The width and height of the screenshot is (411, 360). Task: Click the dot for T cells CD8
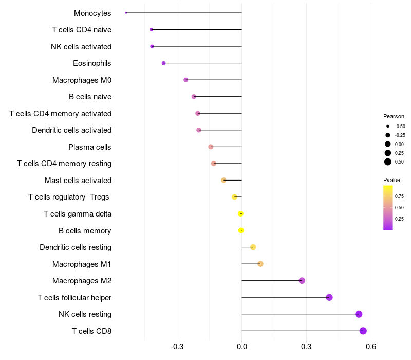pos(363,331)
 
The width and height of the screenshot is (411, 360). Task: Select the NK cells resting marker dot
pos(359,314)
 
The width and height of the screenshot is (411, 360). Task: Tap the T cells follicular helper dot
pos(329,297)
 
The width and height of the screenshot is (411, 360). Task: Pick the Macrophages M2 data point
pos(302,280)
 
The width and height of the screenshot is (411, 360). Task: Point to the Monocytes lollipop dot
pos(126,13)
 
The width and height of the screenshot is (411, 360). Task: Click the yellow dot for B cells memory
pos(241,230)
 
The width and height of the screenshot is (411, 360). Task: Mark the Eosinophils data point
pos(163,63)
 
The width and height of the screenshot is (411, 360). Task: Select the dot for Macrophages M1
pos(260,264)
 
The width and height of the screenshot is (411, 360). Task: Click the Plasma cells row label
pos(89,147)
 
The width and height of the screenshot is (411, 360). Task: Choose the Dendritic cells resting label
pos(76,247)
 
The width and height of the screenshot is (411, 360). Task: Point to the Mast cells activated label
pos(78,181)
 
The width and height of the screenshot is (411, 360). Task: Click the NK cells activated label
pos(81,47)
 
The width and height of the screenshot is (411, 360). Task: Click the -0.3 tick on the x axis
pos(177,347)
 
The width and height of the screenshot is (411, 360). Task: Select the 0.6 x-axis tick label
pos(371,347)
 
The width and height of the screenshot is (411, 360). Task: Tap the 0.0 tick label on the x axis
pos(242,347)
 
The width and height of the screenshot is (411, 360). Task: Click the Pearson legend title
pos(394,116)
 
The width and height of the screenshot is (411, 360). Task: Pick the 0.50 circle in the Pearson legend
pos(388,162)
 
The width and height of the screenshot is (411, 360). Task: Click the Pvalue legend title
pos(391,180)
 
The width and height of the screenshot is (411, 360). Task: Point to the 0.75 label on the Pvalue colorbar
pos(399,196)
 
